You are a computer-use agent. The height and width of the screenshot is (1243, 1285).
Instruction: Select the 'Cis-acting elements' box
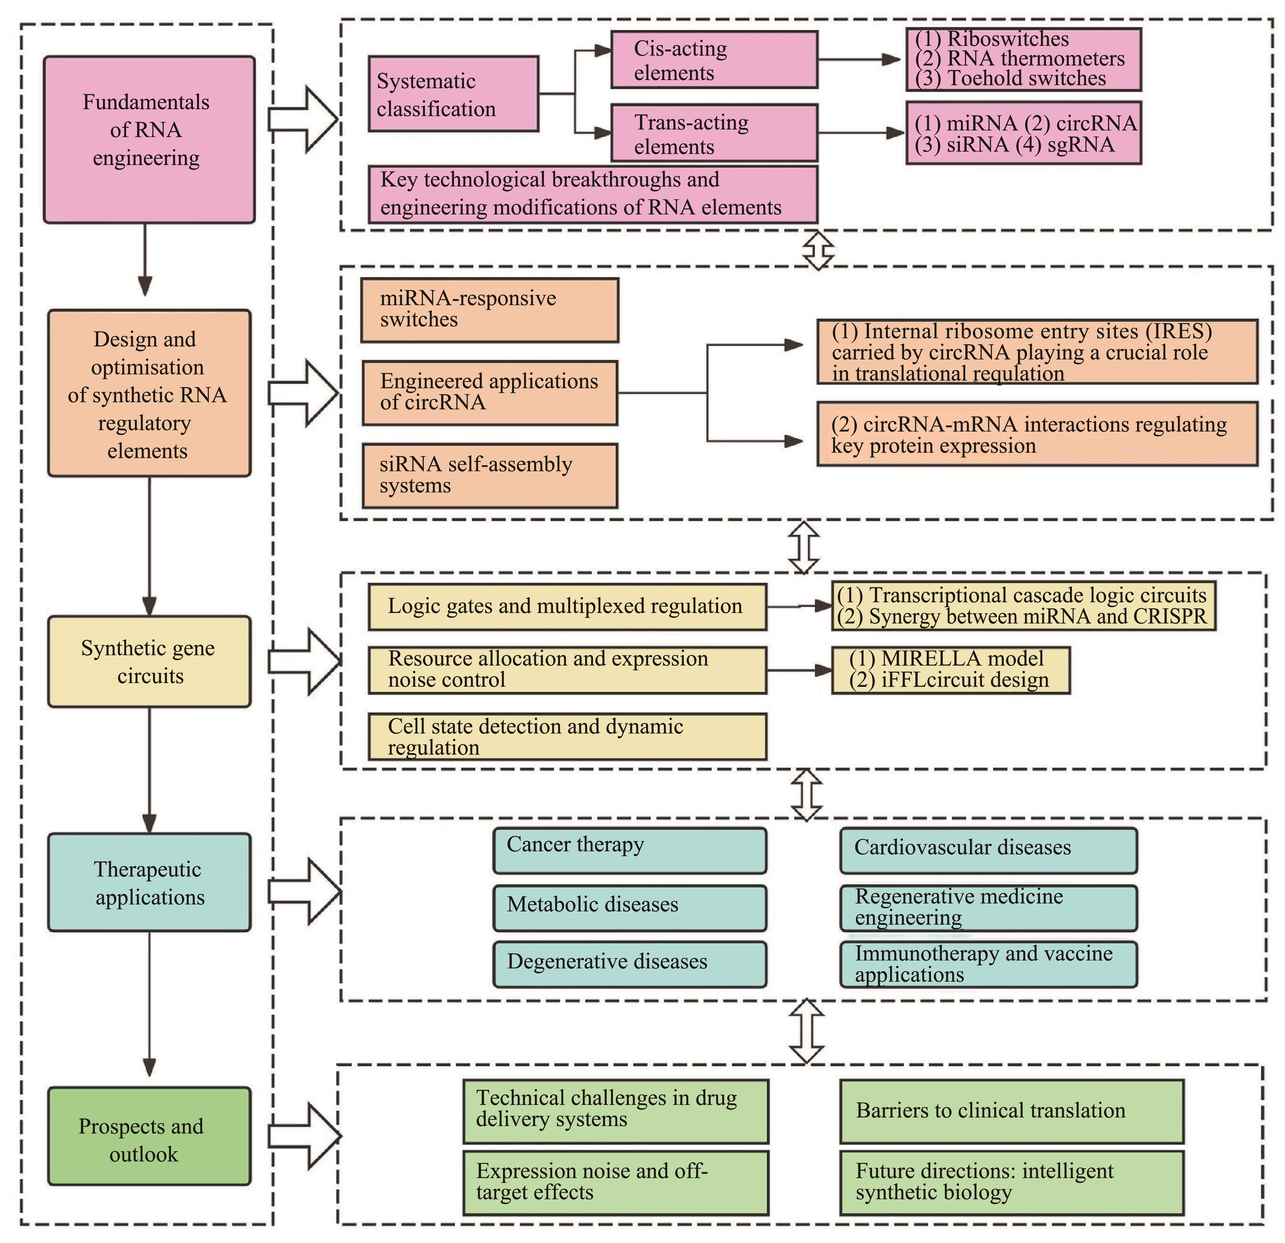714,60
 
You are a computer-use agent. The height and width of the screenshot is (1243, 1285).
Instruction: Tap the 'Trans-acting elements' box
714,133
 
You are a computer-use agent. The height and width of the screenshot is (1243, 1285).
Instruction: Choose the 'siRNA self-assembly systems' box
490,475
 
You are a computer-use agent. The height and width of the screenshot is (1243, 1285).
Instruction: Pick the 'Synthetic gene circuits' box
149,661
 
